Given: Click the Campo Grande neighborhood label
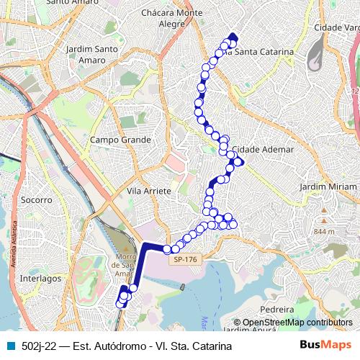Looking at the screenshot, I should coord(121,139).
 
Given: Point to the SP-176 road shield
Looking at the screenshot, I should coord(185,259).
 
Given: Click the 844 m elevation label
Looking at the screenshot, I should coord(325,232).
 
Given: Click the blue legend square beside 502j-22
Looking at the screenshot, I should coord(9,346).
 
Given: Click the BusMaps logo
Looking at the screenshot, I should coord(326,345).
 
